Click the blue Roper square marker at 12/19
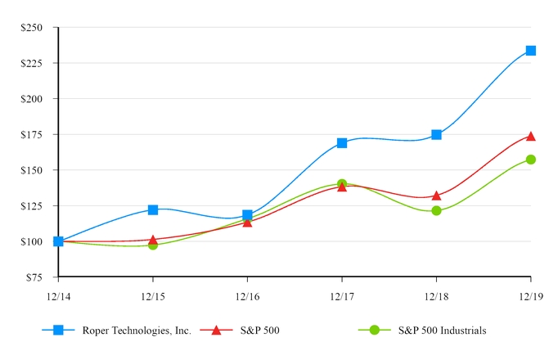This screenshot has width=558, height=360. pos(530,51)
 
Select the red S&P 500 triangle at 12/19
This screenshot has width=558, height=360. pos(530,136)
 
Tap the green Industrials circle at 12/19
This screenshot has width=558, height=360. pos(530,160)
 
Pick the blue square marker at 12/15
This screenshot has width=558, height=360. pos(153,210)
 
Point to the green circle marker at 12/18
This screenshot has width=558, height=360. pos(436,210)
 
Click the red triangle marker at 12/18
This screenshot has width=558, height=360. pos(436,196)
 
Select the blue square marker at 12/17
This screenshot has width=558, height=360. pos(342,143)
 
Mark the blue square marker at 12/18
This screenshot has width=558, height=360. pos(436,134)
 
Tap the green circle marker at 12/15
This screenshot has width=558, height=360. pos(153,245)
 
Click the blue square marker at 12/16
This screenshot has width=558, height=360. pos(247,215)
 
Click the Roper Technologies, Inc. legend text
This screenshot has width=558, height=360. pos(137,331)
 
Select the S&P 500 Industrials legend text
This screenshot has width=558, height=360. pos(443,331)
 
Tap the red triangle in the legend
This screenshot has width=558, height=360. pos(216,330)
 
